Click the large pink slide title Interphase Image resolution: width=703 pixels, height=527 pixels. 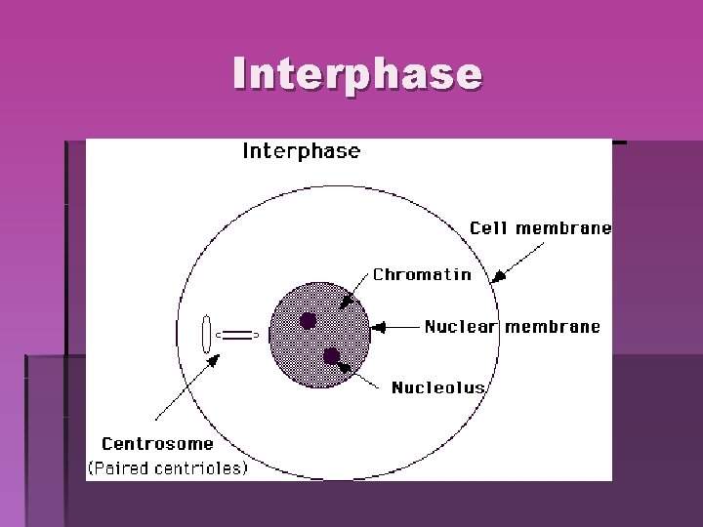pos(357,73)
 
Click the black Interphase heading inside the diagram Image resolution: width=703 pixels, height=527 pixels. pos(301,151)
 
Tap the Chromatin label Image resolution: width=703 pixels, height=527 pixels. pos(422,274)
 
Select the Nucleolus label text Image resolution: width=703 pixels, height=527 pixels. pos(438,387)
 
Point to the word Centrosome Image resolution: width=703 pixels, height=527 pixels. pos(157,444)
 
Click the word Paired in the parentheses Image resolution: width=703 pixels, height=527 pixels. pos(122,467)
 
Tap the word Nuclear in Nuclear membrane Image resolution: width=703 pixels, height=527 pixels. pos(461,327)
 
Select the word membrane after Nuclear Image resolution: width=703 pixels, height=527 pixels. pos(552,327)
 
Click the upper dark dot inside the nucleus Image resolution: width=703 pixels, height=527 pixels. pos(308,320)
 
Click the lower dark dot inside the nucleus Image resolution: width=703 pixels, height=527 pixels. pos(332,355)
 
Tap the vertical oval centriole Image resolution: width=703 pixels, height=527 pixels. pos(206,334)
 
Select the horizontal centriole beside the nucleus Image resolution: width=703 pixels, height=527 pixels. pos(238,335)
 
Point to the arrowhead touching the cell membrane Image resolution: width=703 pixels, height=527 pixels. pos(499,276)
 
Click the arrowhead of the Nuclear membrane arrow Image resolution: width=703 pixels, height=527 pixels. pos(381,327)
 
